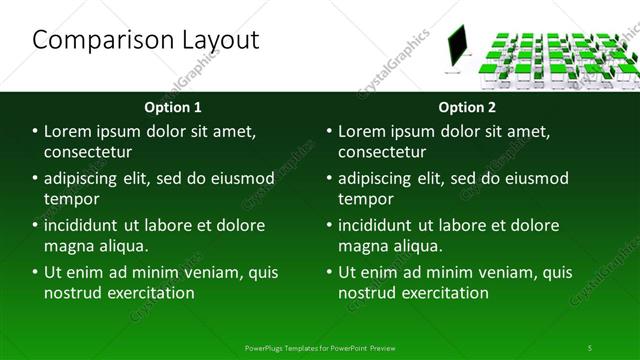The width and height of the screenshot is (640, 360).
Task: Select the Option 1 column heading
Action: [x=173, y=106]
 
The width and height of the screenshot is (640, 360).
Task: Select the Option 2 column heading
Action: [x=466, y=106]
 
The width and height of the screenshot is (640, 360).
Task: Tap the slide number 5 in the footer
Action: [x=590, y=347]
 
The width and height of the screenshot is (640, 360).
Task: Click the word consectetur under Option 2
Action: [x=382, y=152]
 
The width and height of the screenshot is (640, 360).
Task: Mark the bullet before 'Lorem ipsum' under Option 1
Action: [x=35, y=131]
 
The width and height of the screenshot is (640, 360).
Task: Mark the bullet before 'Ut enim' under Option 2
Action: [x=329, y=272]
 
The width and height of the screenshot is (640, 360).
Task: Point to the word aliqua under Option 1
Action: [x=123, y=246]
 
